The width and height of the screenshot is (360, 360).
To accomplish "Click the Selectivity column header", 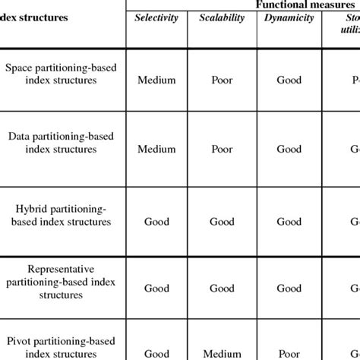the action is (156, 17).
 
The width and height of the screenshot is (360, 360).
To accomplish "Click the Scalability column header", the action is (222, 17).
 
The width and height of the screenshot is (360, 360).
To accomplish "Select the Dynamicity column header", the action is (289, 17).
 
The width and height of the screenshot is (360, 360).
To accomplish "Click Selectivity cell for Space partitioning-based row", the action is (156, 80).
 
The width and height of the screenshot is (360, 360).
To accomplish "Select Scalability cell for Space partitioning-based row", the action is (222, 80).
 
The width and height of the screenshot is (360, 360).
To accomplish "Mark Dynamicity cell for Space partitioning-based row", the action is (289, 80).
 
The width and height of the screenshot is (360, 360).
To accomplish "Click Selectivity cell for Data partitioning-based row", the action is (156, 149).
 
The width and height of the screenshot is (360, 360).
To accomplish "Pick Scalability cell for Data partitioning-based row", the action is (222, 149).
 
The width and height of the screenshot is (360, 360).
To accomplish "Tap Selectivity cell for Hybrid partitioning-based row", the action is (156, 222).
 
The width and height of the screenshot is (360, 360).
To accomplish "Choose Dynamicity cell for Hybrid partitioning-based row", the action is (289, 222).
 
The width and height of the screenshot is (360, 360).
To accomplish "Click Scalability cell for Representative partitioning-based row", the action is (222, 288).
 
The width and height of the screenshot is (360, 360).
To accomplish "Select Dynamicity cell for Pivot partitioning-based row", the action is (289, 352).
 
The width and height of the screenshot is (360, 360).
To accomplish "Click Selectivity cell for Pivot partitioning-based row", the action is (156, 352).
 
